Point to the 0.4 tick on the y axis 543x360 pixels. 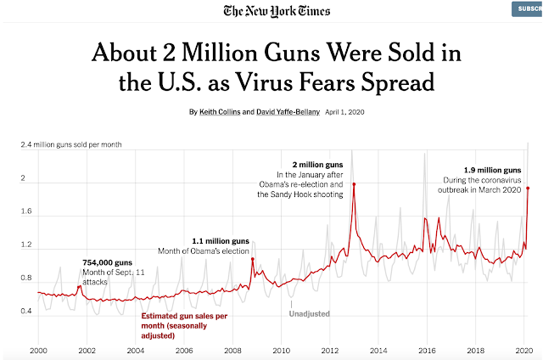coord(28,312)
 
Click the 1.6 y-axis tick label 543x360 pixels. coord(28,212)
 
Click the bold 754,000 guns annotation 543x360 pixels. coord(108,262)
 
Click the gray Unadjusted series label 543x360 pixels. coord(309,314)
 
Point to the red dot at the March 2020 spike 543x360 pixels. coord(528,188)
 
